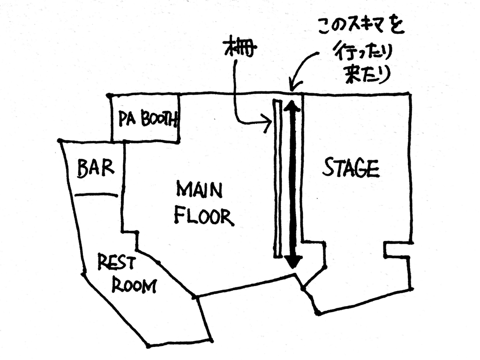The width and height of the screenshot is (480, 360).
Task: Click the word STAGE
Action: click(351, 168)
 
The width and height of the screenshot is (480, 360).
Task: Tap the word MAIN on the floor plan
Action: click(199, 190)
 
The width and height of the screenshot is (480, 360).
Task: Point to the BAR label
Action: click(95, 168)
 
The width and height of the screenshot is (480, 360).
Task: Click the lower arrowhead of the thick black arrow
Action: click(293, 261)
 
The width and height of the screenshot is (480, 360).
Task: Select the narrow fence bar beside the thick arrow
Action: click(277, 178)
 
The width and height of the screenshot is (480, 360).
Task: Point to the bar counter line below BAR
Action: click(96, 195)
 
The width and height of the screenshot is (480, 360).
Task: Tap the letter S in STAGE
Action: click(328, 167)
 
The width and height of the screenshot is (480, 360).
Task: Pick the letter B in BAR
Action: click(82, 169)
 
